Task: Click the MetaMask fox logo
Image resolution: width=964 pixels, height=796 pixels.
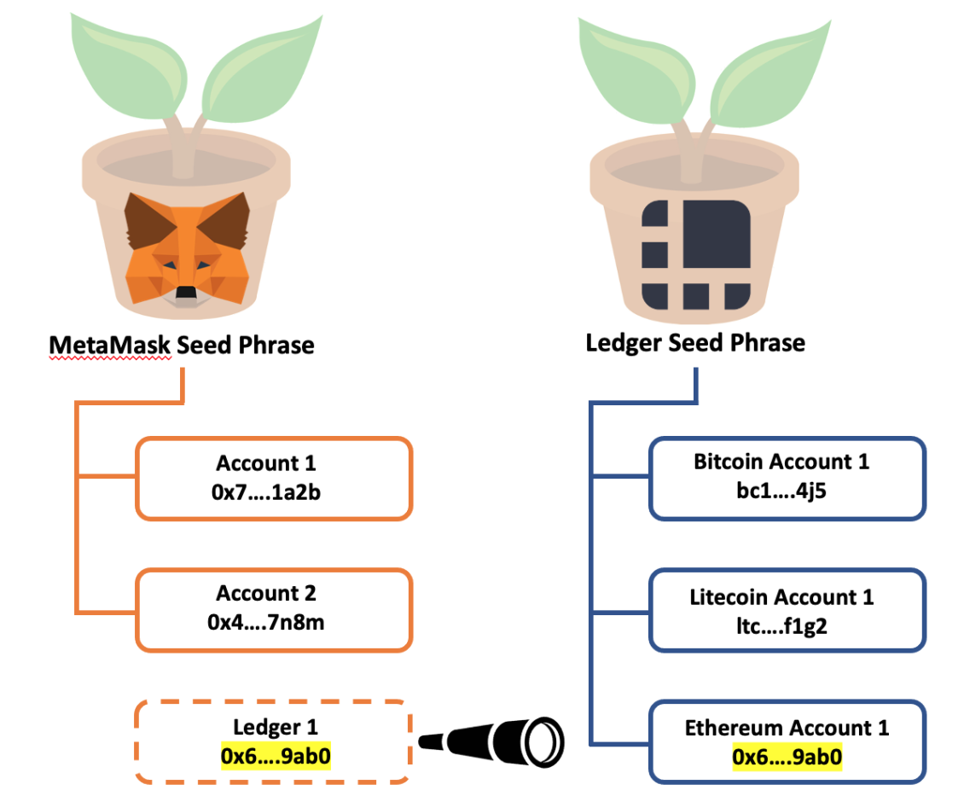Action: click(187, 247)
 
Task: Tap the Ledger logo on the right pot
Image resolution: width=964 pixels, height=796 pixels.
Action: click(694, 255)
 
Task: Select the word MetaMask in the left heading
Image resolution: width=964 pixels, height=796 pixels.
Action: click(110, 345)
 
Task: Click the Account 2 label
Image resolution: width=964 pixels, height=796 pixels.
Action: click(265, 594)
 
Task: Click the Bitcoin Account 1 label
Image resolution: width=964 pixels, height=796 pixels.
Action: click(781, 462)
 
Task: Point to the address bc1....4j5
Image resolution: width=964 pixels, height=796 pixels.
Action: click(781, 491)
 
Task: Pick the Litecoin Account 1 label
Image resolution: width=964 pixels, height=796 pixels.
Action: click(781, 596)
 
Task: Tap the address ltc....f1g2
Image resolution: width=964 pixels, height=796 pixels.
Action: click(781, 626)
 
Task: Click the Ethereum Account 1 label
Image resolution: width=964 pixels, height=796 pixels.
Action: click(787, 728)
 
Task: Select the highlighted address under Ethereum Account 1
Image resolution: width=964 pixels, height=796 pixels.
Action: click(787, 757)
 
